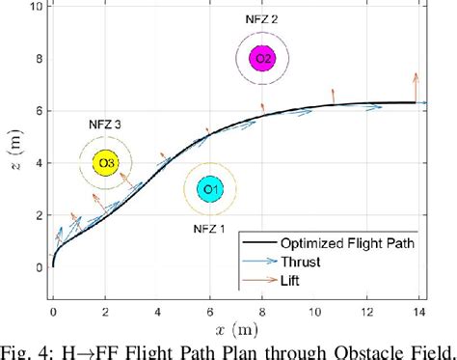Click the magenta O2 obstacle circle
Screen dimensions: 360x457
261,58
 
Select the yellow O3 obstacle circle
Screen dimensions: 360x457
105,163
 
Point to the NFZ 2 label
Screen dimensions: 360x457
261,18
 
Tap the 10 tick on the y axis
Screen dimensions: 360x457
38,6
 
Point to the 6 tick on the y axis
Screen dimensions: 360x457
40,111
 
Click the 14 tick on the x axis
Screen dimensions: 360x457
417,310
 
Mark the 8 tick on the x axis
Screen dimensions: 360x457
261,310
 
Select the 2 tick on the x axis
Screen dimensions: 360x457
105,310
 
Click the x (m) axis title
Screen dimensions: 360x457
235,330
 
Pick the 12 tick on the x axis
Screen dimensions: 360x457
365,310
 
